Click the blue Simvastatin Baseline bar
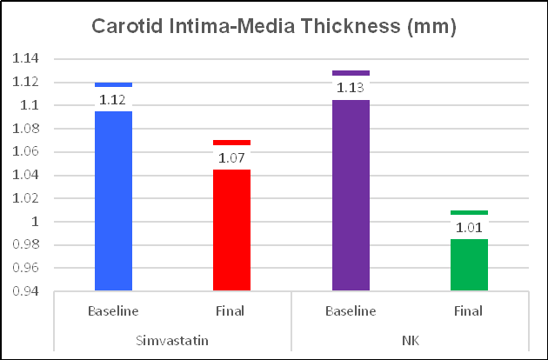pos(112,200)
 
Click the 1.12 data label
pos(112,99)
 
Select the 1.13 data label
pos(351,88)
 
